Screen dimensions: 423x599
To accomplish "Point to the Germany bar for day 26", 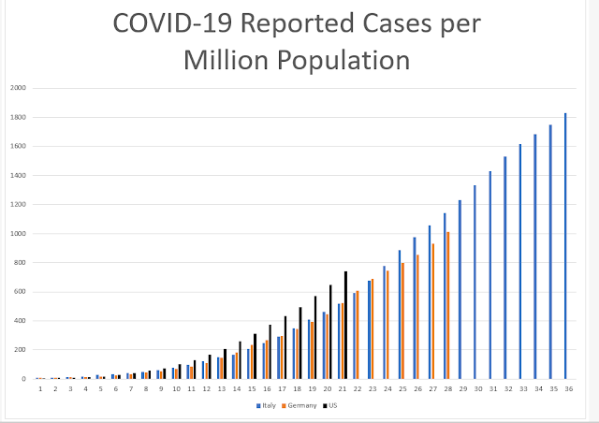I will click(417, 317).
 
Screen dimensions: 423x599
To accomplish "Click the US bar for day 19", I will click(315, 338).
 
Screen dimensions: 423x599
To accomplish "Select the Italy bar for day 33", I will click(520, 262).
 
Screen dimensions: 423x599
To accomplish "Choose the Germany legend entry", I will click(299, 405).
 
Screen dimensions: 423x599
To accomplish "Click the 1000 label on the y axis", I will click(19, 234).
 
